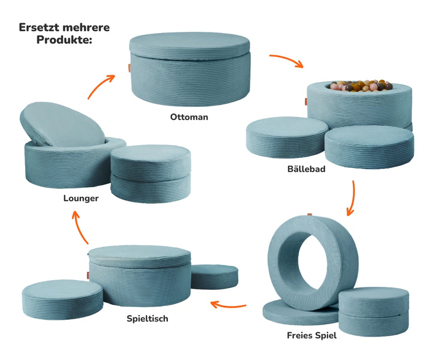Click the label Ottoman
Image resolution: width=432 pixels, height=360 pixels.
pyautogui.click(x=189, y=117)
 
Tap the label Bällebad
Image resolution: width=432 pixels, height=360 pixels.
pyautogui.click(x=306, y=169)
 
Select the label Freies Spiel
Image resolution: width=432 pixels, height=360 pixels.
pyautogui.click(x=311, y=335)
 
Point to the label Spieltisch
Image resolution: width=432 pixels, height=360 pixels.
pyautogui.click(x=147, y=319)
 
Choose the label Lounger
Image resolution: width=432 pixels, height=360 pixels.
pyautogui.click(x=81, y=198)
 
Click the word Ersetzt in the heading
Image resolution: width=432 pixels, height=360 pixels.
pyautogui.click(x=41, y=28)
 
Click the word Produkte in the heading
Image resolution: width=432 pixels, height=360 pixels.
pyautogui.click(x=63, y=40)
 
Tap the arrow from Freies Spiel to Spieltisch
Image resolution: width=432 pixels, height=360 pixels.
pyautogui.click(x=231, y=305)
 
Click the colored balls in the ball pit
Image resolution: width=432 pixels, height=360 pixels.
pyautogui.click(x=359, y=86)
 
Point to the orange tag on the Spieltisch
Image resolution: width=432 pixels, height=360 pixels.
pyautogui.click(x=86, y=274)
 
